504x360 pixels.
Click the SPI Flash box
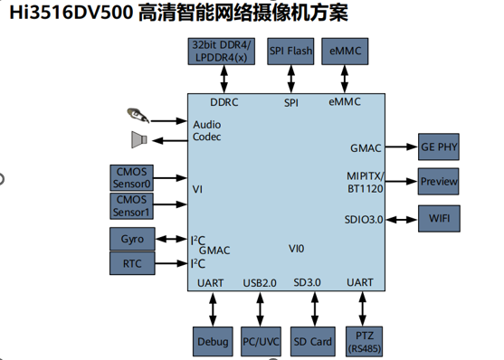[x=290, y=52]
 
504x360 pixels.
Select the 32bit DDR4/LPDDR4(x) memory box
[x=222, y=52]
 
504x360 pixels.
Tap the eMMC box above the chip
[x=345, y=52]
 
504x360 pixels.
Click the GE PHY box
[x=439, y=147]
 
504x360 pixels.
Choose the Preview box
[x=439, y=181]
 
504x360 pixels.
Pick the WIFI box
[x=439, y=219]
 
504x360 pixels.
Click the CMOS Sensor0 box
[x=131, y=178]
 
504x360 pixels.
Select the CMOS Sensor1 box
[x=131, y=206]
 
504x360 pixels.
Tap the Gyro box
[x=132, y=239]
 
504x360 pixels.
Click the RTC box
[x=132, y=263]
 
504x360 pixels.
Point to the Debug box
[x=213, y=342]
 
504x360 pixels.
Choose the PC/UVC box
[x=261, y=342]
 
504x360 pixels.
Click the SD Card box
[x=313, y=342]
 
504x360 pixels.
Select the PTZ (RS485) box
[x=364, y=342]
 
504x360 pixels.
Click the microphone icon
[x=138, y=115]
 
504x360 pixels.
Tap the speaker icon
[x=139, y=139]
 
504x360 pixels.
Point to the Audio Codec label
[x=206, y=130]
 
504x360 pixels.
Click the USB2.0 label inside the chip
[x=260, y=283]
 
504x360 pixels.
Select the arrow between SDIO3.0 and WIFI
[x=402, y=220]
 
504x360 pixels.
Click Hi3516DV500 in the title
[x=71, y=13]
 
